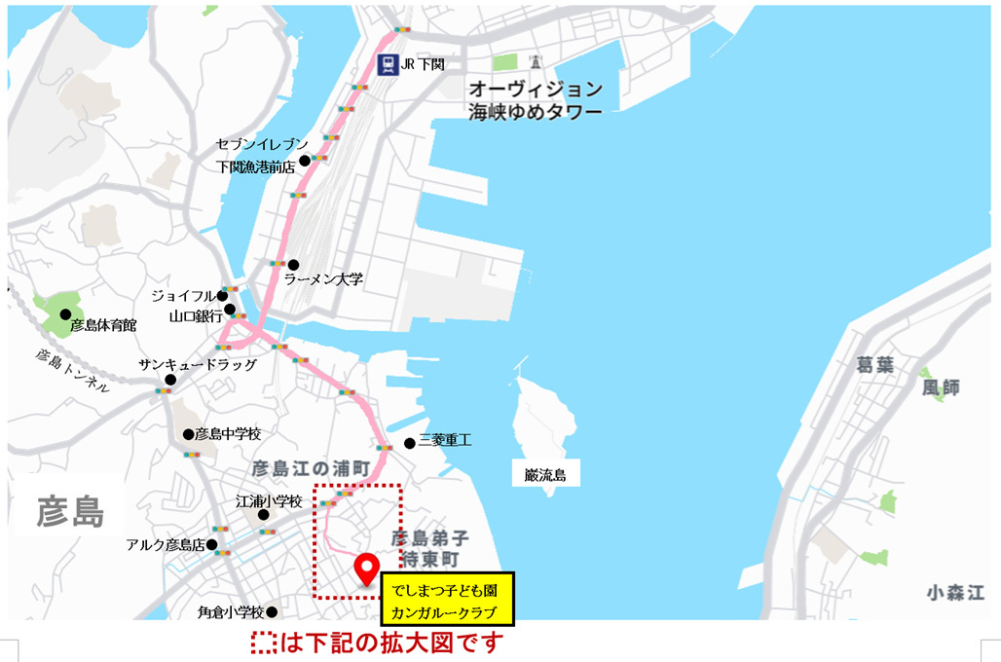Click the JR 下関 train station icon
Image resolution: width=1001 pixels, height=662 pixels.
click(x=389, y=65)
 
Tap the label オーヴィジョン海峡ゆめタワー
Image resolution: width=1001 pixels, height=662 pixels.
click(x=534, y=99)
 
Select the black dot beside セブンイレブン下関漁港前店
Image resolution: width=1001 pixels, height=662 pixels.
click(x=304, y=161)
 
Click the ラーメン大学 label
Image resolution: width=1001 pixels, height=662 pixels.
click(x=324, y=279)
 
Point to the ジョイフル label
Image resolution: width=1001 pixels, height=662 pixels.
click(x=182, y=295)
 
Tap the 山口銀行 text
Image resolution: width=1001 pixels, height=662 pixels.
click(x=196, y=315)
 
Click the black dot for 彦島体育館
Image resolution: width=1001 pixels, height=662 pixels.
click(x=65, y=313)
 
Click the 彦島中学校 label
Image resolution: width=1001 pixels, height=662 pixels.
click(x=228, y=434)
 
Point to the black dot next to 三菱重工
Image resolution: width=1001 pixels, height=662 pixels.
click(x=409, y=443)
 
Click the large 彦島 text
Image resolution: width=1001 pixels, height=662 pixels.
click(x=70, y=509)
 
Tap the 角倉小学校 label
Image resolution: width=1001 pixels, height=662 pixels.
click(x=231, y=612)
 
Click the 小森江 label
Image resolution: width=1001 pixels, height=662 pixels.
click(x=955, y=592)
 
